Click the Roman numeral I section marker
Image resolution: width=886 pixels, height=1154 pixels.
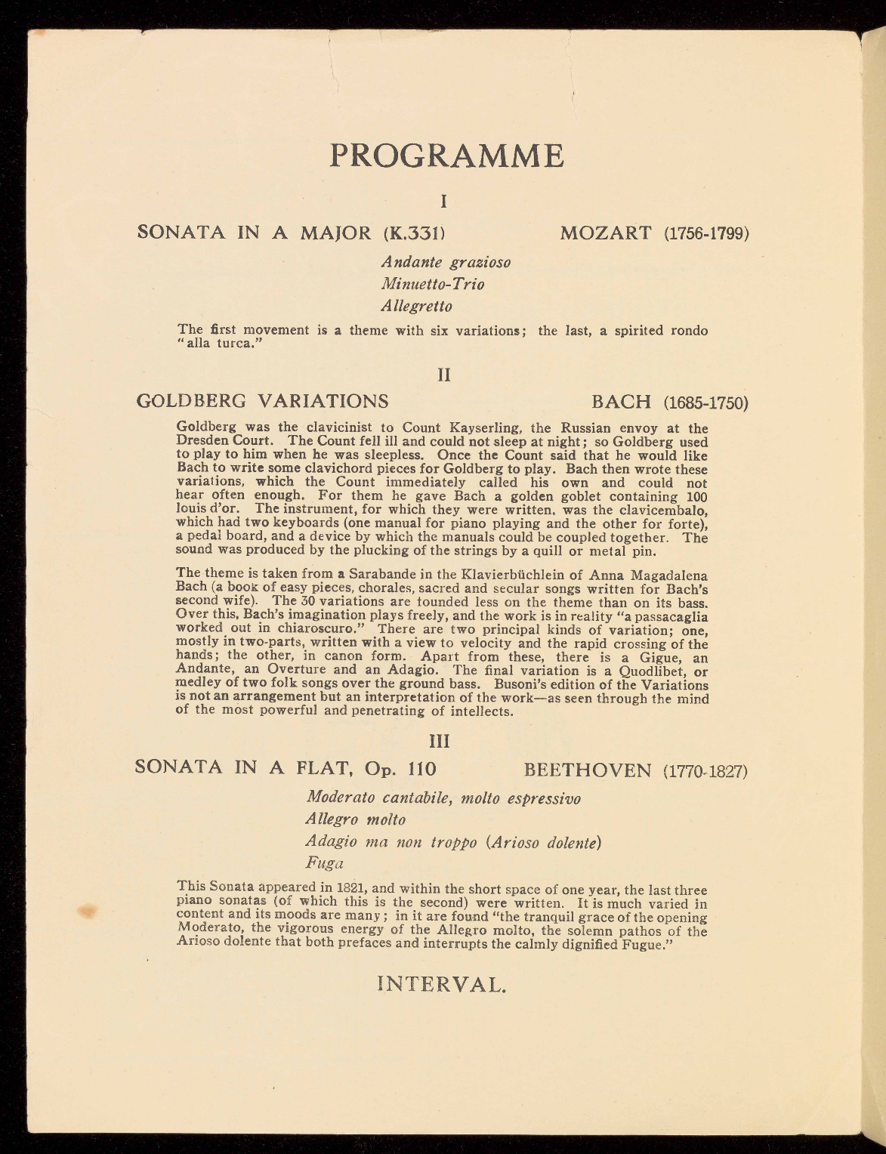click(x=445, y=201)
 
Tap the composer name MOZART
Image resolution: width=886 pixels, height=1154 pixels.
click(x=606, y=232)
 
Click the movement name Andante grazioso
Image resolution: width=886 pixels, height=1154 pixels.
click(x=446, y=263)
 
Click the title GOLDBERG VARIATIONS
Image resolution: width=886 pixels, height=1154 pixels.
click(x=262, y=400)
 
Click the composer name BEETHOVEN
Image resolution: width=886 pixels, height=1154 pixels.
click(x=587, y=770)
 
